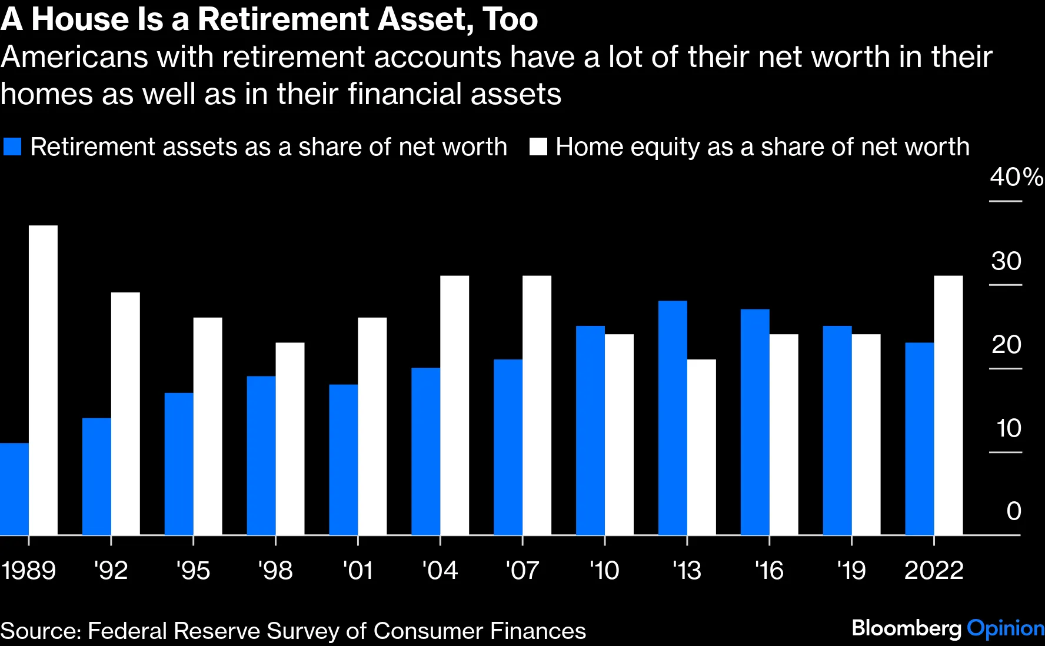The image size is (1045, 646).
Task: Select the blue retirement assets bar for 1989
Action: pos(14,489)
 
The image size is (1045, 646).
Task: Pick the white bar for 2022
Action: pos(949,405)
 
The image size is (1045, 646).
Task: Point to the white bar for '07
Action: pos(537,405)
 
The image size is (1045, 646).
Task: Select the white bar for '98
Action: pos(290,439)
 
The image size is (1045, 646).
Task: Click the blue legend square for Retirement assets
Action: pos(12,147)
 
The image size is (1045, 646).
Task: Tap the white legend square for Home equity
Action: pos(538,147)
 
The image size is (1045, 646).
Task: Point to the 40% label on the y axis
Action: pos(1016,177)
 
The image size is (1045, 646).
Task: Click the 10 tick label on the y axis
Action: pos(1009,428)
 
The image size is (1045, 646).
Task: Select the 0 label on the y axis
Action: pos(1013,511)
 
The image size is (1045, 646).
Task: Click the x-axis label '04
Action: pos(440,570)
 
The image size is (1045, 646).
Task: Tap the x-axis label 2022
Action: pos(933,570)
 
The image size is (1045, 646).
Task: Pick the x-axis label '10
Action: pos(604,570)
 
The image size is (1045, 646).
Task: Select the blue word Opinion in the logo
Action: pos(1005,628)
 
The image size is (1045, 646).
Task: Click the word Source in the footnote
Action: pos(41,631)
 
